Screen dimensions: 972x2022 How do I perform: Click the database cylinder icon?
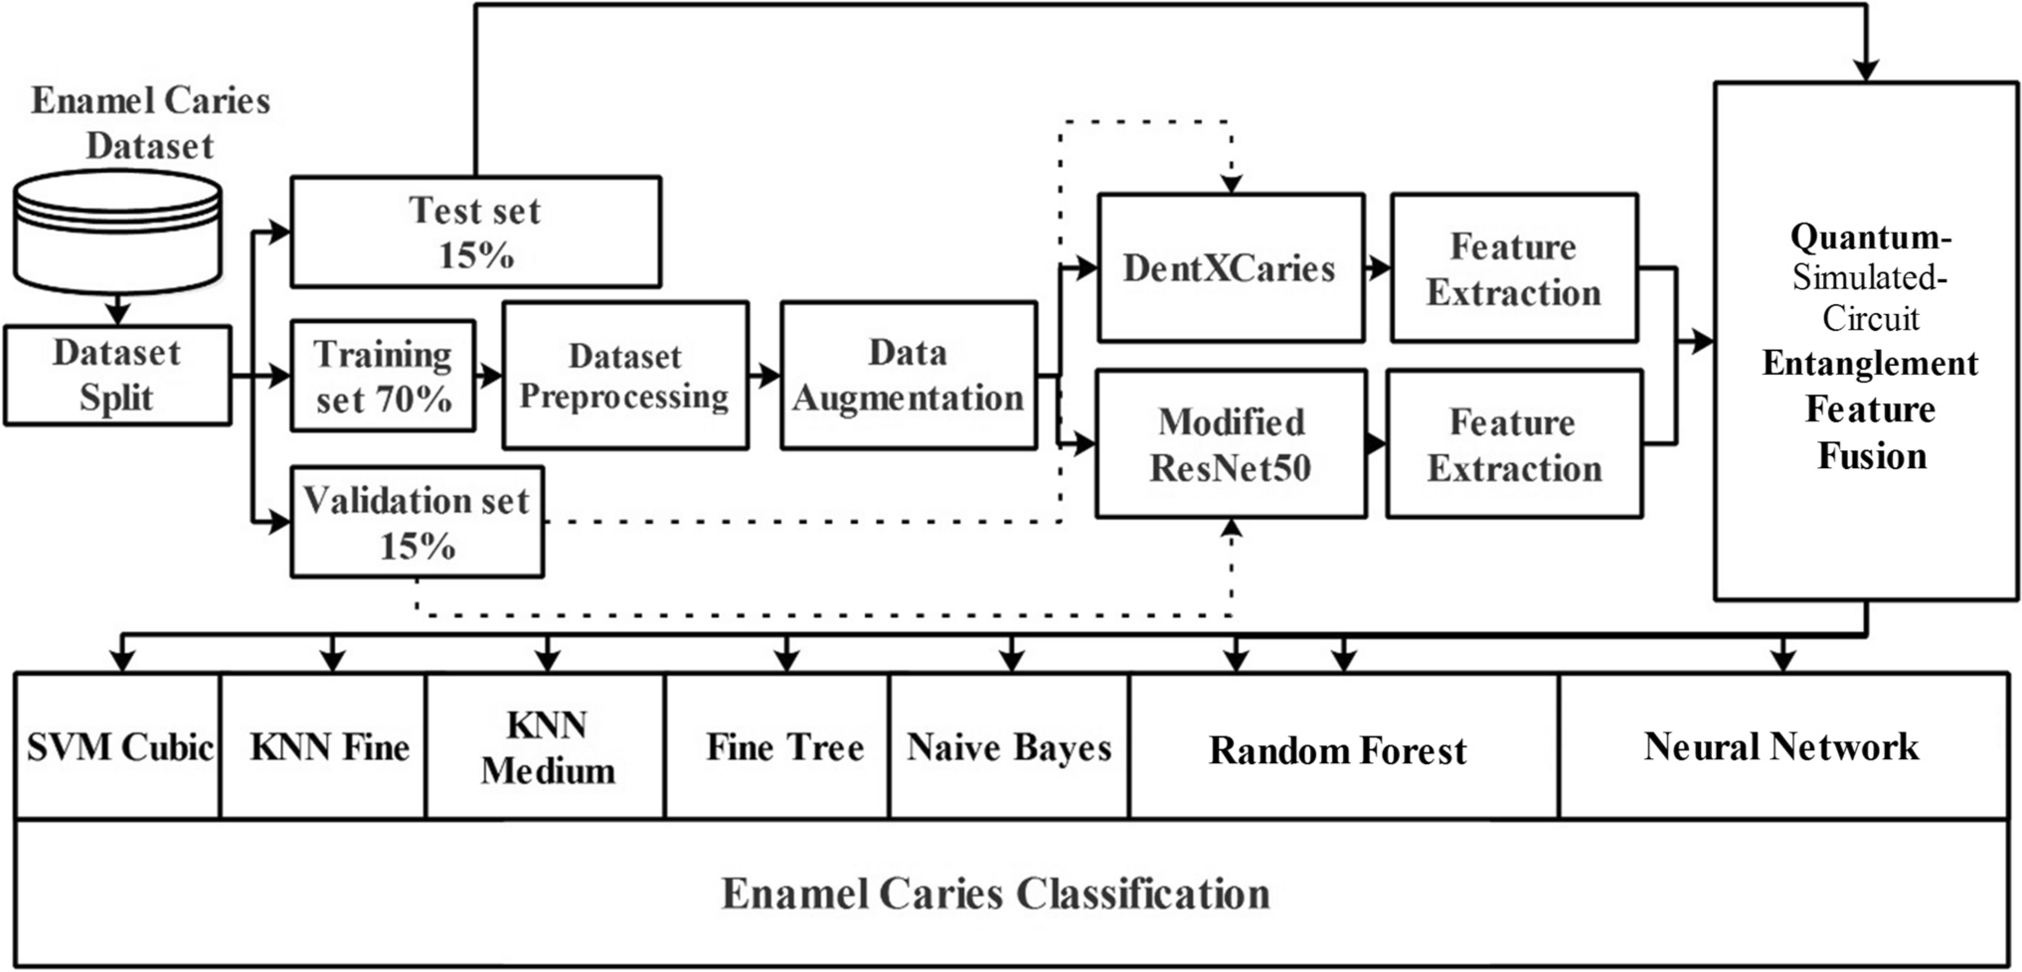point(117,231)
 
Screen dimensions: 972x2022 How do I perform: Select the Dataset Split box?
point(117,376)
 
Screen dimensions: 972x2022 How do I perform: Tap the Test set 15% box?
point(475,233)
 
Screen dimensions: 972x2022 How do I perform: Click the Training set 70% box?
point(383,376)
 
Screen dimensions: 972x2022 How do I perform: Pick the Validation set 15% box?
point(418,523)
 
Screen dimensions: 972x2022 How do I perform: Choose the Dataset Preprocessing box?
point(624,376)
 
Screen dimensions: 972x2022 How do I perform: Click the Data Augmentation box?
point(908,376)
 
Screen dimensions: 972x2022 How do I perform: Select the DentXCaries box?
point(1230,268)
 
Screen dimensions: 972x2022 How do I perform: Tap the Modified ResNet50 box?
point(1230,444)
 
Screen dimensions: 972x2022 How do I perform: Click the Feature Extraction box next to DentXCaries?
point(1513,268)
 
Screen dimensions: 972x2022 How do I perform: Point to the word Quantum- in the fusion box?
point(1870,237)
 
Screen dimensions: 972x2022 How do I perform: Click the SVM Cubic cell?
point(118,747)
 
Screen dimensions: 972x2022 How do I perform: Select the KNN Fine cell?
point(328,747)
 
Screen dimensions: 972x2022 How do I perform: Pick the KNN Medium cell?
point(547,747)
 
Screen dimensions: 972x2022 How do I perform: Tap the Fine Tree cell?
point(784,747)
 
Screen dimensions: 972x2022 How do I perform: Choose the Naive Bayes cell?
point(1009,747)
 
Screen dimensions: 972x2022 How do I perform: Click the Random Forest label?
point(1337,750)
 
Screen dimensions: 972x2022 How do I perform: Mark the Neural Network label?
point(1780,747)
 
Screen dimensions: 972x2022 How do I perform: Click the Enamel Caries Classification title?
point(995,893)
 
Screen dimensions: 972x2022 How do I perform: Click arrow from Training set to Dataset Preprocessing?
point(489,376)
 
